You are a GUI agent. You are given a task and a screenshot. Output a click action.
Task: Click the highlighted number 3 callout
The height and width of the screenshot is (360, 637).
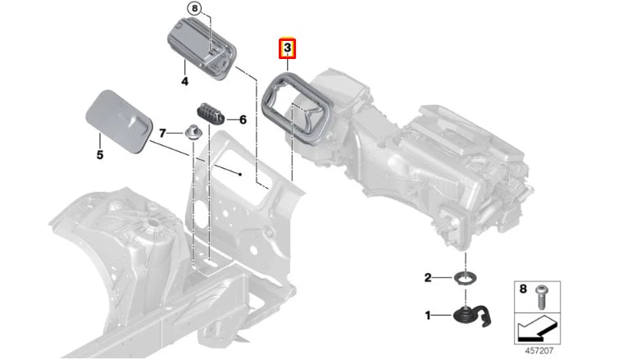[x=288, y=49]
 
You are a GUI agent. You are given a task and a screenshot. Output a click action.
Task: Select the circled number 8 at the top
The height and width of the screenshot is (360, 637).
[x=193, y=9]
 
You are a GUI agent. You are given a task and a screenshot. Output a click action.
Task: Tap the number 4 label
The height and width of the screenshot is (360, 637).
[x=184, y=81]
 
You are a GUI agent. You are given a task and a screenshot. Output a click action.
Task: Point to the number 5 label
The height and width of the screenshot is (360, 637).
[x=99, y=153]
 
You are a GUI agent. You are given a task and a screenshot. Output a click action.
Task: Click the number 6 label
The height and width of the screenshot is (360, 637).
[x=242, y=120]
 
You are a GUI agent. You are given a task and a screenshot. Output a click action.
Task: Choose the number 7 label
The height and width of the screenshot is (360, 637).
[x=162, y=132]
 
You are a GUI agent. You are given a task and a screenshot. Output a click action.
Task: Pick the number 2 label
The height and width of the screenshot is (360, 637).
[x=427, y=279]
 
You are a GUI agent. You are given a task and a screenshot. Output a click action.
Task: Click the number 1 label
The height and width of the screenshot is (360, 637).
[x=427, y=315]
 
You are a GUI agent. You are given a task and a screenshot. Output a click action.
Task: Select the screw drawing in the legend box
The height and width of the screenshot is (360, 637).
[x=544, y=297]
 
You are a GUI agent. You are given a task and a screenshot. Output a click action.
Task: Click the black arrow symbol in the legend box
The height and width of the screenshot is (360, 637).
[x=538, y=330]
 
